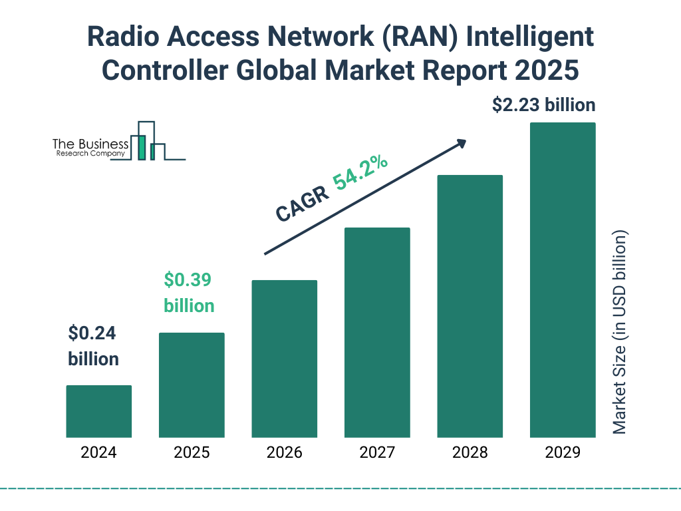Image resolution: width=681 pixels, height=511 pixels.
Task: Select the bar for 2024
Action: coord(98,411)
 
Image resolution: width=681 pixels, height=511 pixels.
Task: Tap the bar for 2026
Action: coord(284,359)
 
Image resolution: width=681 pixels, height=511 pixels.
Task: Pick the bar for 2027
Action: coord(377,333)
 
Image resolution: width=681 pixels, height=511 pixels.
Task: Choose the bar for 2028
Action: coord(470,306)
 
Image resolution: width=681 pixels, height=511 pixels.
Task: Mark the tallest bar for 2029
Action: coord(563,280)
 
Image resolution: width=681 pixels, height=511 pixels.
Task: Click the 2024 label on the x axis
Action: coord(98,453)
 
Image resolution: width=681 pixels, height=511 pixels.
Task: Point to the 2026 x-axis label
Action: coord(284,453)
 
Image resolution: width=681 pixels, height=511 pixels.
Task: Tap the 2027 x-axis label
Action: coord(377,453)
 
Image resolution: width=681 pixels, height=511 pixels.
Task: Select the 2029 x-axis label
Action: coord(563,453)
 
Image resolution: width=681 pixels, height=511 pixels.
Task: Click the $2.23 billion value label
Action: coord(543,105)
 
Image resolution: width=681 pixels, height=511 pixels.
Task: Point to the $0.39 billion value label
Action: coord(189,293)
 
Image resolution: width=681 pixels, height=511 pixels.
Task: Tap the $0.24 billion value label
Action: coord(93,346)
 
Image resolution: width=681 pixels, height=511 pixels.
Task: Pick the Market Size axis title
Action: coord(620,333)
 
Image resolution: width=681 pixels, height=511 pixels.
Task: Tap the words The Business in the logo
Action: coord(90,144)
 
